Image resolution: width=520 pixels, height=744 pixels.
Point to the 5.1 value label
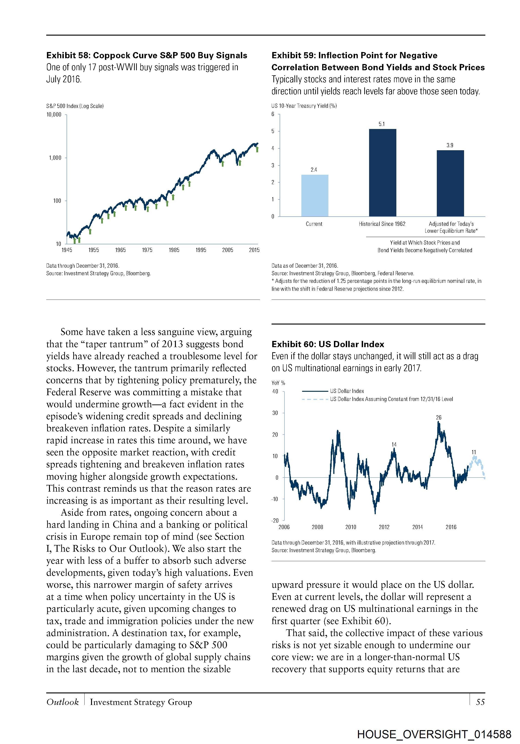point(382,124)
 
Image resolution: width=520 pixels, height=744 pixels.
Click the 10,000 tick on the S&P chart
point(54,114)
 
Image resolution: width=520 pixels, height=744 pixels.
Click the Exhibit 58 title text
point(147,55)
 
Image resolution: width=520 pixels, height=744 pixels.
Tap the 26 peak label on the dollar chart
point(438,417)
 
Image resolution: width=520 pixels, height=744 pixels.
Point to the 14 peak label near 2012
point(394,444)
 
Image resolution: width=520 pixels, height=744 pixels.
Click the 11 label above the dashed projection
point(474,452)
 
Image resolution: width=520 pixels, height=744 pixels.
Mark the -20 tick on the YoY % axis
point(275,520)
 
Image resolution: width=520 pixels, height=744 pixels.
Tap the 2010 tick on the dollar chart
point(351,527)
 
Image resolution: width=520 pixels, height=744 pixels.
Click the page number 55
point(480,702)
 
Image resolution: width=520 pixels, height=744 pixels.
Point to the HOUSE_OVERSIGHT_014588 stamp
point(434,734)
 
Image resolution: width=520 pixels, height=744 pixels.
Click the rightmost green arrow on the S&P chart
point(257,149)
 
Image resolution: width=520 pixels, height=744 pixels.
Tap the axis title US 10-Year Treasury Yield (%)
point(304,106)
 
